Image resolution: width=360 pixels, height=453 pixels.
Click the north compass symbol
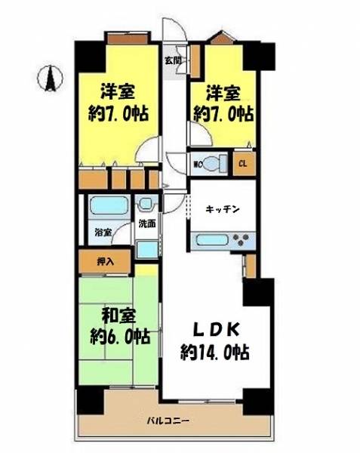point(51,79)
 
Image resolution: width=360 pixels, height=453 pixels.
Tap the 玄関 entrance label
point(173,60)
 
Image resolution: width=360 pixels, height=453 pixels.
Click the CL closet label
point(243,164)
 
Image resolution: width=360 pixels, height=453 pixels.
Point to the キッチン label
point(223,209)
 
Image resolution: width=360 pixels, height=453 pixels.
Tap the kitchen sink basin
point(211,240)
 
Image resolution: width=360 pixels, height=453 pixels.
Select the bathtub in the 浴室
point(109,205)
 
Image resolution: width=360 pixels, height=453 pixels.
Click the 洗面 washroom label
point(147,223)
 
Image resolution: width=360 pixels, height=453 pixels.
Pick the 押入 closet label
point(106,262)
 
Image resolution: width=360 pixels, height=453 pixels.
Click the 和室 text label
point(119,316)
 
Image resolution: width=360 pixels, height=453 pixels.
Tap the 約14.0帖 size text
point(215,352)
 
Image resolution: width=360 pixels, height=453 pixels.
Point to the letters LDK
point(217,330)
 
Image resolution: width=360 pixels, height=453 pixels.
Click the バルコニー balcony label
point(168,421)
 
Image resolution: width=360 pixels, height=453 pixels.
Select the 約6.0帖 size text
point(120,336)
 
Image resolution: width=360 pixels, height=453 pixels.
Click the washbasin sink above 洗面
point(146,204)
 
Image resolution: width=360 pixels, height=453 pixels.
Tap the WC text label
point(198,165)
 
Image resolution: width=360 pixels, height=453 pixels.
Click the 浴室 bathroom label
point(103,233)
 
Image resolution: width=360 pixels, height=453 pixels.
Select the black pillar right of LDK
point(258,292)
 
